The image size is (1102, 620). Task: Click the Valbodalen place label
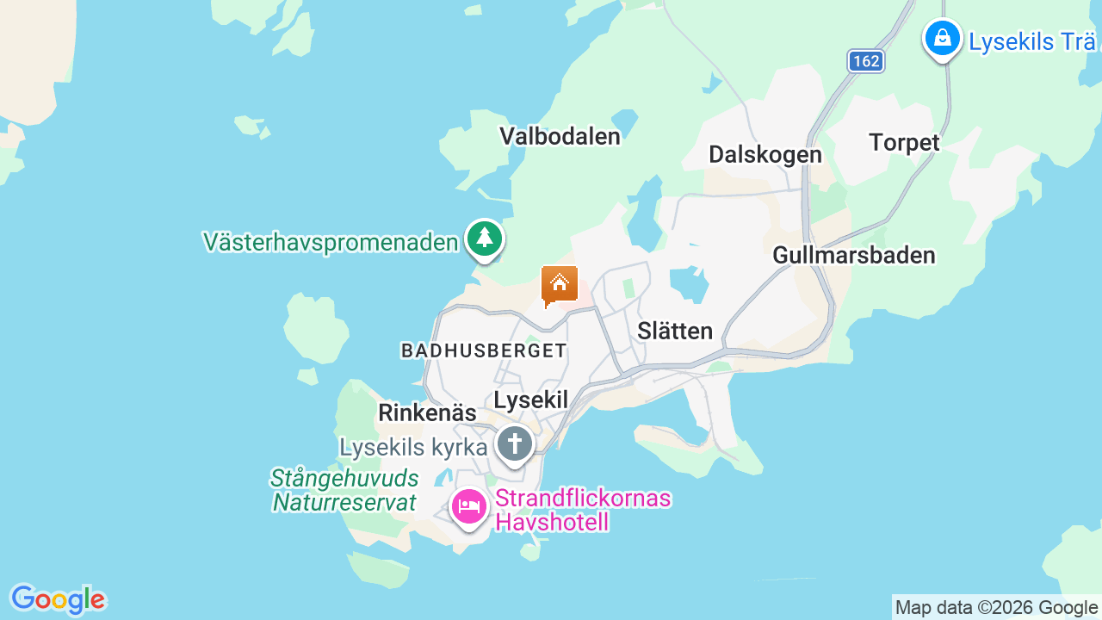pos(560,136)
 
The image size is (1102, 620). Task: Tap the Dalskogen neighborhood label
pos(765,154)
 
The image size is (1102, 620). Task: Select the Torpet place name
pos(904,142)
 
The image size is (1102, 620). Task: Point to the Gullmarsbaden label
pos(853,255)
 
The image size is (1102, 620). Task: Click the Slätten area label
pos(675,331)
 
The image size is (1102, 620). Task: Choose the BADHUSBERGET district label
pos(484,350)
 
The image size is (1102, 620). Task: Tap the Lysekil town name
pos(531,400)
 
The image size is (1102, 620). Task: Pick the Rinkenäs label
pos(427,413)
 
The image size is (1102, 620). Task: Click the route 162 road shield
pos(865,61)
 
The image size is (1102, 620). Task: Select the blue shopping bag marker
pos(943,39)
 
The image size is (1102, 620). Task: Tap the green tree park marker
pos(485,239)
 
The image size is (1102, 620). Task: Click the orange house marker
pos(559,284)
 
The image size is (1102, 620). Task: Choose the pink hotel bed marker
pos(468,507)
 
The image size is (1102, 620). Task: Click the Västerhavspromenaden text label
pos(331,242)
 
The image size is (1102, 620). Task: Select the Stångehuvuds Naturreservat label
pos(344,491)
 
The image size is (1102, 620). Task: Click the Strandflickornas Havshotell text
pos(583,511)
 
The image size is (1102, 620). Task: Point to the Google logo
pos(58,599)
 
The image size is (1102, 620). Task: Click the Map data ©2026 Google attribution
pos(996,608)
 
